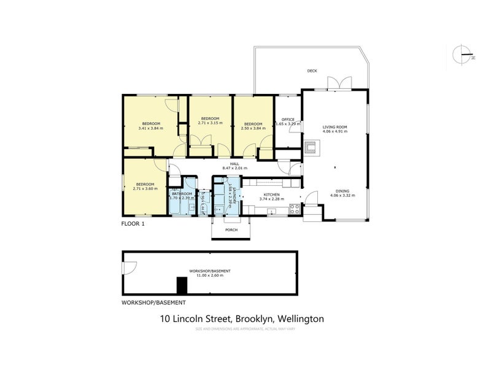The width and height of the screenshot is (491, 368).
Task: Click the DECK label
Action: [x=312, y=71]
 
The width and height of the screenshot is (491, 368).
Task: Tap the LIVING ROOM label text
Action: [x=335, y=127]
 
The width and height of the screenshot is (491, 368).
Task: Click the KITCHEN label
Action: [x=272, y=194]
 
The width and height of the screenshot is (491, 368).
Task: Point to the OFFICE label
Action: [x=288, y=119]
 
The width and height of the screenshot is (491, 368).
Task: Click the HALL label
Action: [x=234, y=163]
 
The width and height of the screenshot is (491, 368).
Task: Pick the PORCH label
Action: [x=231, y=230]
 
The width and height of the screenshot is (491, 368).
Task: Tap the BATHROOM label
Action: [x=182, y=194]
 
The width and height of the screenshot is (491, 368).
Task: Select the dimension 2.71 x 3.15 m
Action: [x=210, y=123]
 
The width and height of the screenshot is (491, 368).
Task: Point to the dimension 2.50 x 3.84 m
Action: [x=253, y=128]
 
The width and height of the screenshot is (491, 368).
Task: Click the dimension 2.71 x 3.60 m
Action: [x=145, y=188]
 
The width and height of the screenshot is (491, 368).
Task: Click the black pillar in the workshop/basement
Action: [x=182, y=286]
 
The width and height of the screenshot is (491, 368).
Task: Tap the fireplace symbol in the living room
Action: [x=311, y=146]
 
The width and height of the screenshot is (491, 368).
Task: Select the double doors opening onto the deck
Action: [x=338, y=83]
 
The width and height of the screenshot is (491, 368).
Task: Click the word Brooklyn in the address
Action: [x=253, y=319]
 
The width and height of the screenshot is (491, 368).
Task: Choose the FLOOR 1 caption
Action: [x=133, y=224]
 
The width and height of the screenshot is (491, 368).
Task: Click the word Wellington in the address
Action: [x=301, y=319]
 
